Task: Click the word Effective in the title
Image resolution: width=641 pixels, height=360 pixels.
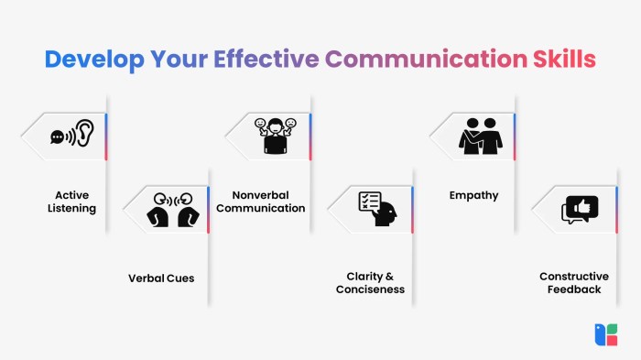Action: pyautogui.click(x=267, y=59)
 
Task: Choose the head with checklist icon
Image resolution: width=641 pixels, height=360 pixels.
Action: pyautogui.click(x=378, y=209)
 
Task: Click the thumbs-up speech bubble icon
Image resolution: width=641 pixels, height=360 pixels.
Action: pyautogui.click(x=581, y=210)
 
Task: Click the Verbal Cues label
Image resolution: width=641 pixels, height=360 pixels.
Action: pyautogui.click(x=161, y=277)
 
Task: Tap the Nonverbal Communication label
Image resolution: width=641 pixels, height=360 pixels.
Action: pyautogui.click(x=268, y=202)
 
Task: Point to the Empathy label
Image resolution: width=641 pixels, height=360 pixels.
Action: pyautogui.click(x=473, y=195)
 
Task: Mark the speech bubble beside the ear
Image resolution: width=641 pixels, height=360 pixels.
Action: pyautogui.click(x=58, y=137)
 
